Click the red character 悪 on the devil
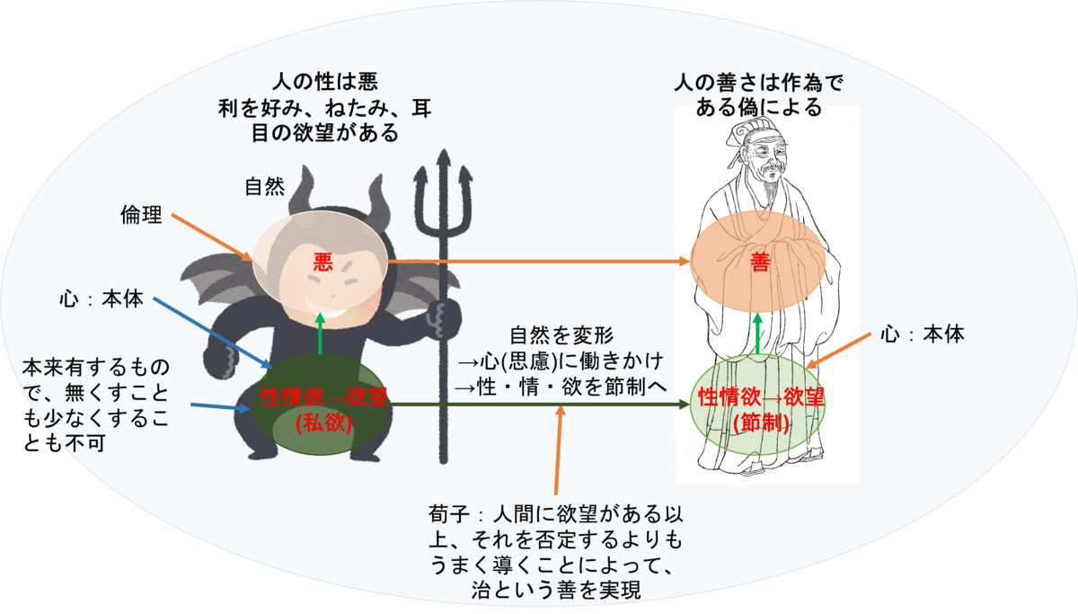coord(323,262)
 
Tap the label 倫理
coord(141,215)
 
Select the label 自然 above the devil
coord(264,188)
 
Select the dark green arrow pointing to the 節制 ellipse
coord(539,405)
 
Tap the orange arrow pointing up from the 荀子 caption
coord(559,458)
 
